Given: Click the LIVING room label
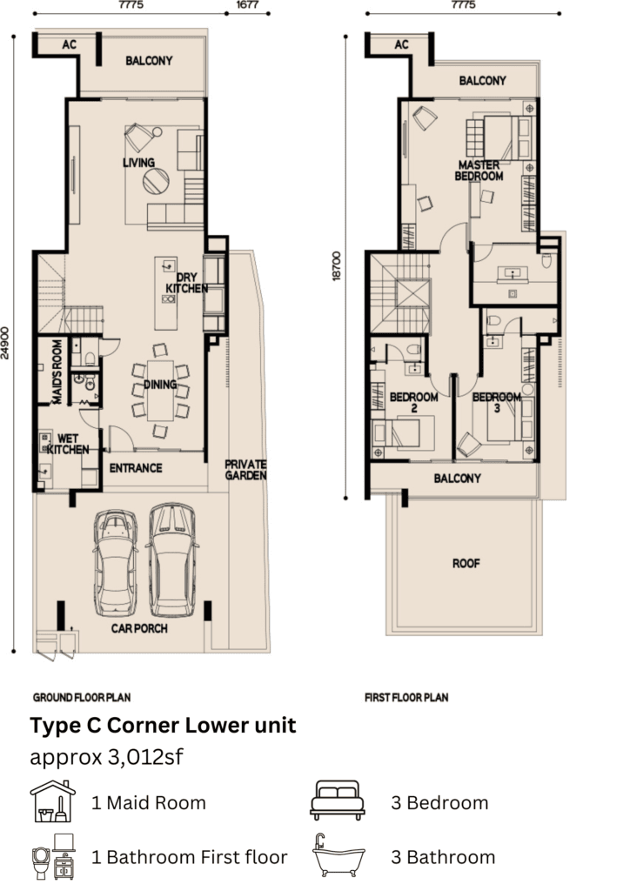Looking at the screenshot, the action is click(x=138, y=163).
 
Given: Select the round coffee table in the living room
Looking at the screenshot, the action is click(x=156, y=181).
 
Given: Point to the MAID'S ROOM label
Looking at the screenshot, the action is click(x=57, y=372).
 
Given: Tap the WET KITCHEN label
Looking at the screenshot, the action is click(x=68, y=445).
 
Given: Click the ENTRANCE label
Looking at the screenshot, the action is click(x=136, y=468).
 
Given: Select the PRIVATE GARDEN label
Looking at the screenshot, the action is click(x=245, y=470).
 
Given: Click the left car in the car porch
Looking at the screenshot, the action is click(x=116, y=563).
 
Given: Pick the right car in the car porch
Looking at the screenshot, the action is click(x=172, y=560).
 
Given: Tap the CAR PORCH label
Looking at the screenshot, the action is click(x=139, y=628).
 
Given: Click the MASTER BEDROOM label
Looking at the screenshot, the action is click(x=479, y=171).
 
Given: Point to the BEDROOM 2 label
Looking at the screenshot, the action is click(x=413, y=402).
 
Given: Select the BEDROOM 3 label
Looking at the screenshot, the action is click(x=497, y=402).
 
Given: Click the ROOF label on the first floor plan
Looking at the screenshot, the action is click(x=466, y=564).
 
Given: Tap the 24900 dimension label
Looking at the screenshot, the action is click(x=5, y=343).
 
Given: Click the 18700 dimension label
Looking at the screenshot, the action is click(x=337, y=266).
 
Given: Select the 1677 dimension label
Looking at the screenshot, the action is click(x=248, y=4).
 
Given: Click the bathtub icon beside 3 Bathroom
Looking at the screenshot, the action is click(x=338, y=856).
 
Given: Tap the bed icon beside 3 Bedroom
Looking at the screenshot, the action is click(x=338, y=801).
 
